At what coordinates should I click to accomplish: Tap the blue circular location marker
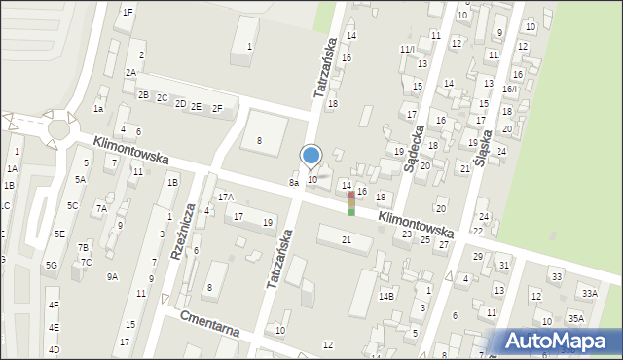pyautogui.click(x=311, y=156)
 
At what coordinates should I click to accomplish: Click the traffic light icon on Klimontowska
pyautogui.click(x=350, y=202)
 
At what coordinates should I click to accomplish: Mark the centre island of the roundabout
pyautogui.click(x=58, y=127)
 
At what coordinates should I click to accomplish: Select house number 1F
pyautogui.click(x=128, y=12)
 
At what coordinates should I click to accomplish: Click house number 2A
pyautogui.click(x=130, y=73)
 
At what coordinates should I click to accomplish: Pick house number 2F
pyautogui.click(x=217, y=108)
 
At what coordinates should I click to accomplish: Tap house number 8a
pyautogui.click(x=293, y=182)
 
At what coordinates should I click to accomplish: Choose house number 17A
pyautogui.click(x=225, y=197)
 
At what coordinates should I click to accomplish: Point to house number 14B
pyautogui.click(x=386, y=295)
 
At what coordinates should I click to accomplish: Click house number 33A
pyautogui.click(x=589, y=292)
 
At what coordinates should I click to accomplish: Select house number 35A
pyautogui.click(x=576, y=318)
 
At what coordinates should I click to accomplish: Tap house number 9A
pyautogui.click(x=113, y=277)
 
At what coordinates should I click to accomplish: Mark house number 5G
pyautogui.click(x=51, y=265)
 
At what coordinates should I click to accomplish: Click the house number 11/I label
pyautogui.click(x=407, y=48)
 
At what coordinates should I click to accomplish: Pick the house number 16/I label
pyautogui.click(x=508, y=89)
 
